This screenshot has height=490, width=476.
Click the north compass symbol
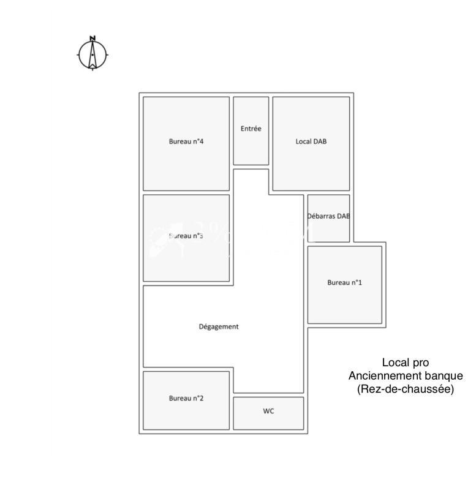pyautogui.click(x=93, y=55)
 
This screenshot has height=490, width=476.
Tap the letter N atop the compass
pyautogui.click(x=93, y=39)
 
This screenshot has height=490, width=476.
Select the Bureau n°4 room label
pyautogui.click(x=186, y=141)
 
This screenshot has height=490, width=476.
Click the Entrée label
pyautogui.click(x=251, y=129)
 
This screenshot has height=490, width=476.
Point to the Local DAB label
pyautogui.click(x=311, y=141)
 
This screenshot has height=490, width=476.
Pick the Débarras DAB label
pyautogui.click(x=328, y=216)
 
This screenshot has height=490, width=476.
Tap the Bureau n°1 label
pyautogui.click(x=344, y=282)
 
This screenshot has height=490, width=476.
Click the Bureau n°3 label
pyautogui.click(x=186, y=236)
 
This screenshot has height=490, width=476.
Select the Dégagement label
pyautogui.click(x=219, y=326)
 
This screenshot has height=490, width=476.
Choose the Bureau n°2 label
pyautogui.click(x=186, y=398)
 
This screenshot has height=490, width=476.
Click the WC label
pyautogui.click(x=268, y=411)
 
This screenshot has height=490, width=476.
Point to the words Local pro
pyautogui.click(x=406, y=363)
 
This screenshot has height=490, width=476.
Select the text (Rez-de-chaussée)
pyautogui.click(x=406, y=389)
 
